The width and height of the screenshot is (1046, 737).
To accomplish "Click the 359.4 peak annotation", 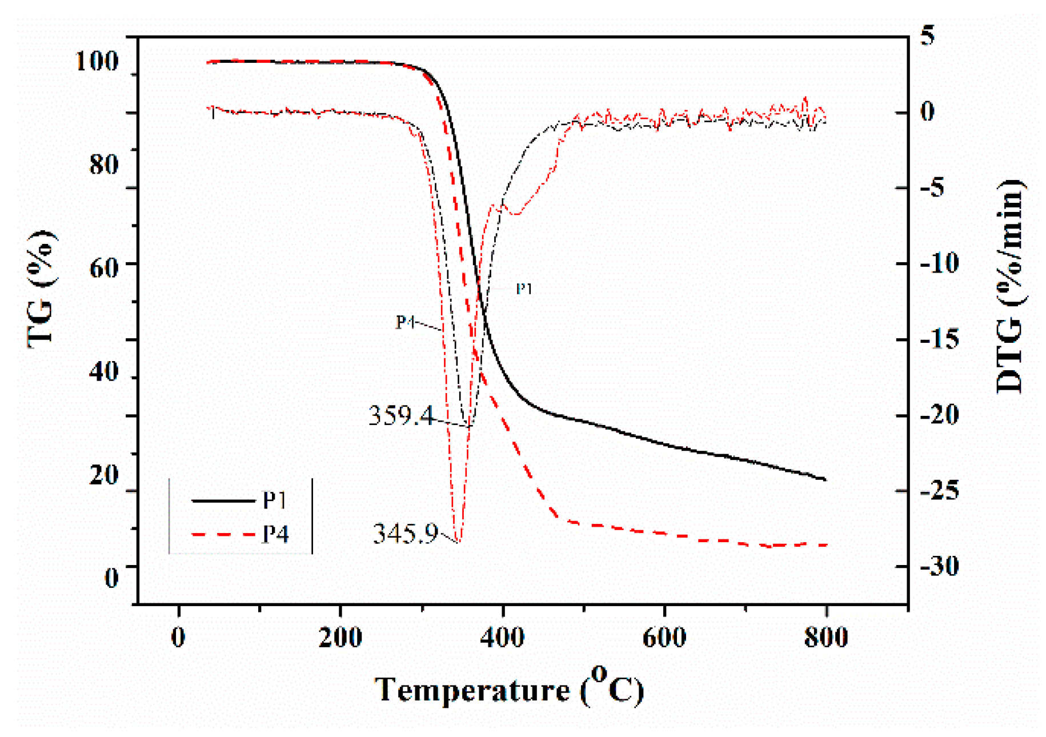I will [x=400, y=415].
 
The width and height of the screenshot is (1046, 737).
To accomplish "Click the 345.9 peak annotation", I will [x=405, y=534].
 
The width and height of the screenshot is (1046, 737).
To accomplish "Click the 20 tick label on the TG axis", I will [x=104, y=474].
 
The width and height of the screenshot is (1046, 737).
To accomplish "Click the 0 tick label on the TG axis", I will [x=111, y=577].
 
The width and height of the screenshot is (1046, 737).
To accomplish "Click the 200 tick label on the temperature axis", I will [x=340, y=637].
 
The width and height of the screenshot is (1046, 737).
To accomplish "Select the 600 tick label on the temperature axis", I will [x=664, y=637].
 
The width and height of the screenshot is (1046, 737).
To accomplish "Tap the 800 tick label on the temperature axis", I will [x=826, y=637].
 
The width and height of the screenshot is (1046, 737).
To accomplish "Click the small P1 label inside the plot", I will [x=524, y=289].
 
